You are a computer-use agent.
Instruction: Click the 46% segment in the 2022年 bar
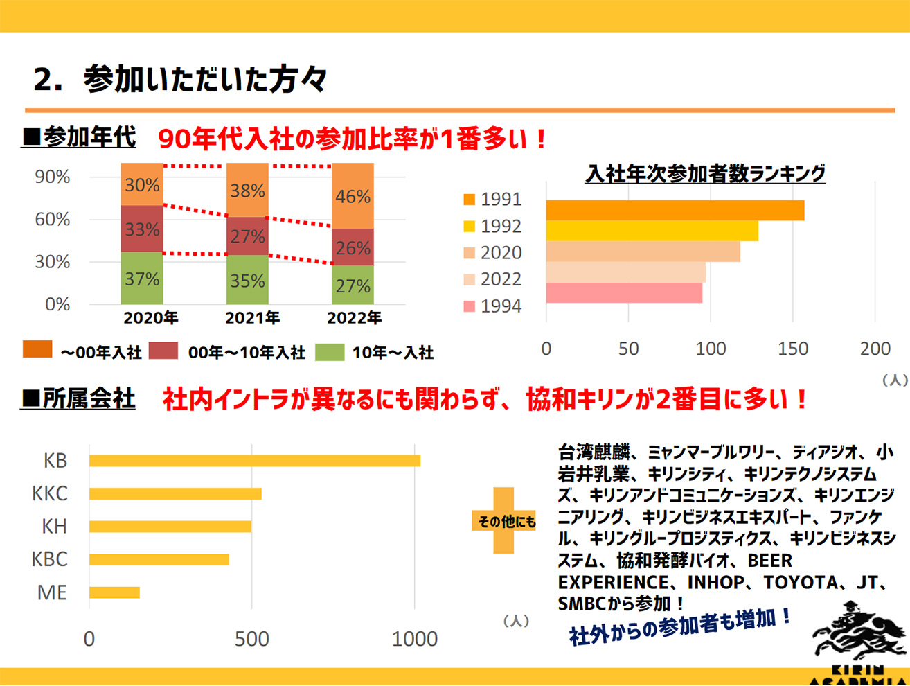(x=353, y=196)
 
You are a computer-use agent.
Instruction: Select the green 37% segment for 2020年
(x=142, y=279)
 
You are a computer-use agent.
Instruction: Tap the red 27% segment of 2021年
(x=247, y=236)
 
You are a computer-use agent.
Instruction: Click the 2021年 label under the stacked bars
(x=252, y=318)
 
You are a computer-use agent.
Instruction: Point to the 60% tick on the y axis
(x=53, y=220)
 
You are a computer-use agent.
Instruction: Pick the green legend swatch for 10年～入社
(x=330, y=351)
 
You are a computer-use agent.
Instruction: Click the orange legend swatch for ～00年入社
(x=37, y=349)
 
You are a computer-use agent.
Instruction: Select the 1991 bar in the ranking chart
(x=675, y=211)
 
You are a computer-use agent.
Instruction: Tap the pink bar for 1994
(x=624, y=293)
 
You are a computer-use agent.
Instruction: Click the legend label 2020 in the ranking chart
(x=501, y=253)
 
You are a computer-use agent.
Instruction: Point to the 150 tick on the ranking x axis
(x=793, y=349)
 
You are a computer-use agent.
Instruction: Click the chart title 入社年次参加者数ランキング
(x=705, y=173)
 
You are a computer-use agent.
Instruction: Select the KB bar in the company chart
(x=254, y=461)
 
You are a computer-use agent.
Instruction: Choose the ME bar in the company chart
(x=114, y=592)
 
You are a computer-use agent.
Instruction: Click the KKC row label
(x=50, y=493)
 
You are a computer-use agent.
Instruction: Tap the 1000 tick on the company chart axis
(x=414, y=639)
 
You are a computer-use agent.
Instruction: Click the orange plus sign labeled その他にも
(x=504, y=520)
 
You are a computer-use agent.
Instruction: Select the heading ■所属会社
(x=78, y=399)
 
